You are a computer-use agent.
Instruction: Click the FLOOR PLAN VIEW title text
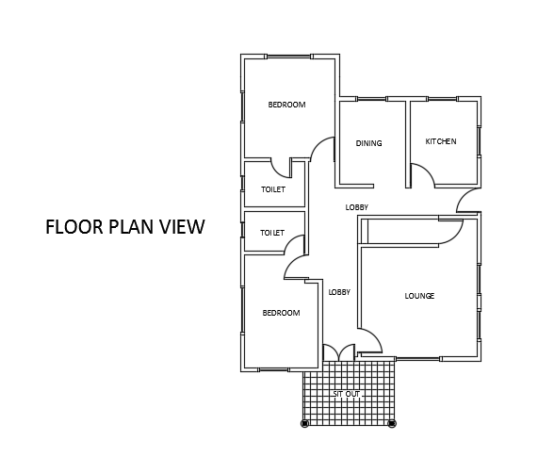point(125,227)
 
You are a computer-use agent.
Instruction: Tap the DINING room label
point(368,143)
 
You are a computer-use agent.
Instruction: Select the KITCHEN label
point(441,141)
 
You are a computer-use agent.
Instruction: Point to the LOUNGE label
point(419,296)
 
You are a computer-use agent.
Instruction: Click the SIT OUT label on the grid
point(347,394)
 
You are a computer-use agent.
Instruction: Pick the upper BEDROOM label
point(286,105)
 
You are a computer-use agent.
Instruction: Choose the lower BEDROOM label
point(282,313)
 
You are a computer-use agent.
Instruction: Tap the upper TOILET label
point(273,189)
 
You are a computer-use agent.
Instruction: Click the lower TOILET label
point(272,233)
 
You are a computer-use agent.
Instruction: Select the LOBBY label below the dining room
point(357,207)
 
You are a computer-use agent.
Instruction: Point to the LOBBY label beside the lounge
point(339,292)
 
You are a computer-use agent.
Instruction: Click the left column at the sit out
point(304,423)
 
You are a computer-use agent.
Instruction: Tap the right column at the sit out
point(392,423)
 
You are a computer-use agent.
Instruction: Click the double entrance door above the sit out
point(339,352)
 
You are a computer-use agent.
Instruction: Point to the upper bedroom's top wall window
point(289,57)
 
